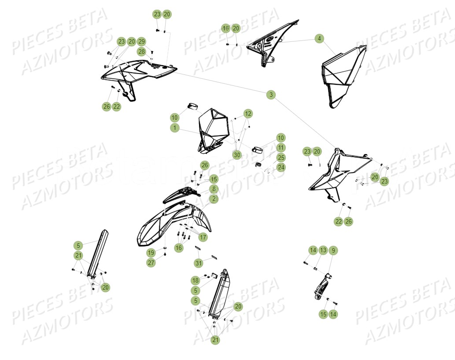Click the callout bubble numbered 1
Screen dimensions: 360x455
(x=175, y=128)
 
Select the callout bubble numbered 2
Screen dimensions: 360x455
(x=213, y=199)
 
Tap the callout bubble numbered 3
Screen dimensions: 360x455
(x=271, y=94)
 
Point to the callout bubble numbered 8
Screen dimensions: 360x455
(x=213, y=189)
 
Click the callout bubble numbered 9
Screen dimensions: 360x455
(x=333, y=250)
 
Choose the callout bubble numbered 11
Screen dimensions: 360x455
(x=281, y=148)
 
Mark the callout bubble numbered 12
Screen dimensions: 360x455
(x=248, y=114)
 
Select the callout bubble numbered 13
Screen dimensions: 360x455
(x=323, y=250)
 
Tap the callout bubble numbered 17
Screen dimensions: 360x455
(x=203, y=237)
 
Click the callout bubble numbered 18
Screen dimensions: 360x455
(x=195, y=280)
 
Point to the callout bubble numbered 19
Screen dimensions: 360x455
(x=151, y=253)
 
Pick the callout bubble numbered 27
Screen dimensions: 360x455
(x=151, y=263)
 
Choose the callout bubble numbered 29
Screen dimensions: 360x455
(x=141, y=41)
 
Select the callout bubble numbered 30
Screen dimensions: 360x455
(x=237, y=155)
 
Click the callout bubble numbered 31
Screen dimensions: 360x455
(x=199, y=263)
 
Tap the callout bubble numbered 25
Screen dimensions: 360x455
(x=281, y=158)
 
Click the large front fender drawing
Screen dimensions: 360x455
(x=174, y=224)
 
